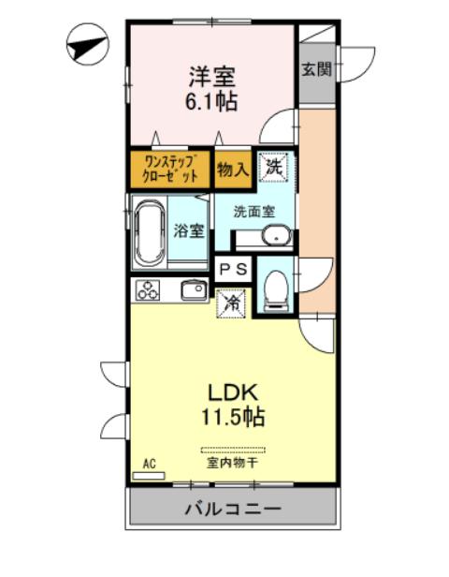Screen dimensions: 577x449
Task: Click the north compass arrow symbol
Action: click(88, 44)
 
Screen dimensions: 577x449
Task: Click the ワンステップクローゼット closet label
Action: click(170, 170)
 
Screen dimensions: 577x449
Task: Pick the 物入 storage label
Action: click(232, 169)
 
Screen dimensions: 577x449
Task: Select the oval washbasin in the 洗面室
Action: click(275, 235)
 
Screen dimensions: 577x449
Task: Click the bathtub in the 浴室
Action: click(150, 232)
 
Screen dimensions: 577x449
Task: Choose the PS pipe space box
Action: click(233, 269)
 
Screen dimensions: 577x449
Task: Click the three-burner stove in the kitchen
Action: click(150, 290)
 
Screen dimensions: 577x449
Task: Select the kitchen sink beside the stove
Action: click(193, 290)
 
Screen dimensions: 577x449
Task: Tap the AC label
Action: click(148, 464)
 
